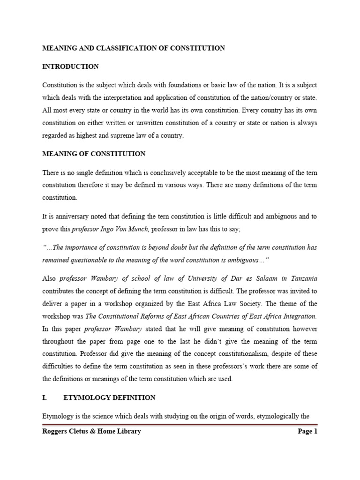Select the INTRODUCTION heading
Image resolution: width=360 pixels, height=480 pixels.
point(70,67)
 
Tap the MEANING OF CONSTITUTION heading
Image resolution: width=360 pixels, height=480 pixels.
point(94,154)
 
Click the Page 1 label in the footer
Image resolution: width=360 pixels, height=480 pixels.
point(307,431)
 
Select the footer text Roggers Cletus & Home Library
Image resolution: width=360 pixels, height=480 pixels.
point(91,431)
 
